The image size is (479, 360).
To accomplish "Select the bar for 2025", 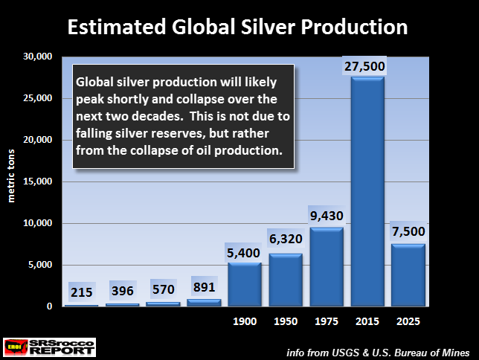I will (x=408, y=275).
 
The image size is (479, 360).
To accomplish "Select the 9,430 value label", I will (x=327, y=216).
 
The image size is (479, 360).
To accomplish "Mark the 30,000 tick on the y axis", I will (x=37, y=57).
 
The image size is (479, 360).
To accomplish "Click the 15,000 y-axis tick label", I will (x=37, y=181).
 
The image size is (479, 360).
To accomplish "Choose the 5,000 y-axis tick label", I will (x=40, y=265).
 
